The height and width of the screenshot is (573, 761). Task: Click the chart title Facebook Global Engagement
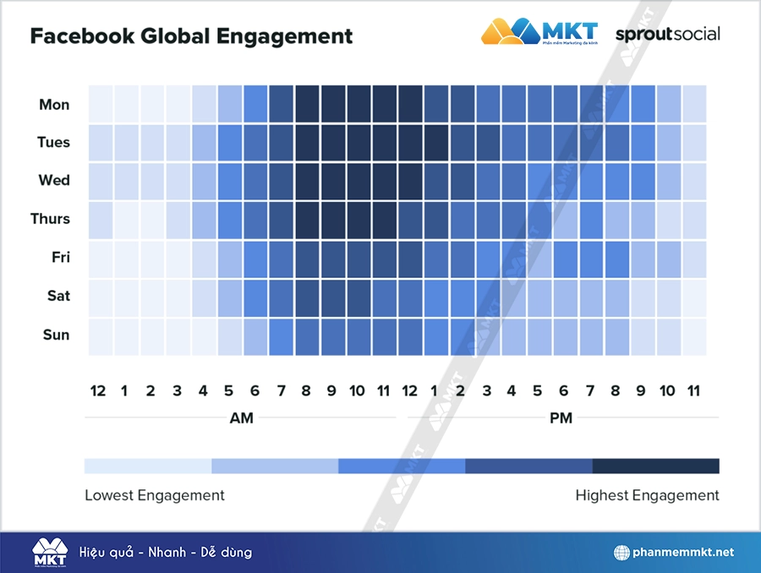point(191,36)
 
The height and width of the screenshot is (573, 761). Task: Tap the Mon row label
point(54,105)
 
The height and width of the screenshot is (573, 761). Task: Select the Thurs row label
point(50,219)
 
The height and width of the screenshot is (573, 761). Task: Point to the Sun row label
point(56,335)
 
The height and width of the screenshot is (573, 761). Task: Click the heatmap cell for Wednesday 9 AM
point(332,181)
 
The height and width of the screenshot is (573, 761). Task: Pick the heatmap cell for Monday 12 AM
point(100,104)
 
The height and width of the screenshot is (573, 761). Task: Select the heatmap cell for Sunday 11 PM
point(694,336)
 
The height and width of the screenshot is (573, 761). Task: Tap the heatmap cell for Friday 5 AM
point(229,258)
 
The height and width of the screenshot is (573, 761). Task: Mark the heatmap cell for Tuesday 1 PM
point(436,142)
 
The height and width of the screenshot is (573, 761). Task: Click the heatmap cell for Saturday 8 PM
point(616,297)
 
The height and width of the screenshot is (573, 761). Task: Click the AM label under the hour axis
point(241,418)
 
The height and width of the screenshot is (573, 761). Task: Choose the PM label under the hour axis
point(561,418)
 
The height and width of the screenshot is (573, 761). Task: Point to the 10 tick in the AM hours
point(358,390)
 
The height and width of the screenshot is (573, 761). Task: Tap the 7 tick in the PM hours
point(590,390)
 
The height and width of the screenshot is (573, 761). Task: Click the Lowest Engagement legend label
point(155,495)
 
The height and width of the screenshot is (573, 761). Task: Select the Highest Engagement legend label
point(647,495)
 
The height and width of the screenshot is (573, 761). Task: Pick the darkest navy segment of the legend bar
point(655,466)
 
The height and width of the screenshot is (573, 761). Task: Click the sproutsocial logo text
point(668,34)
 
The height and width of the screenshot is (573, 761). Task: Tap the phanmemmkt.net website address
point(683,553)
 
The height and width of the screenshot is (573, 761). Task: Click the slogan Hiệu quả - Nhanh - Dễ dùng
point(166,553)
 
